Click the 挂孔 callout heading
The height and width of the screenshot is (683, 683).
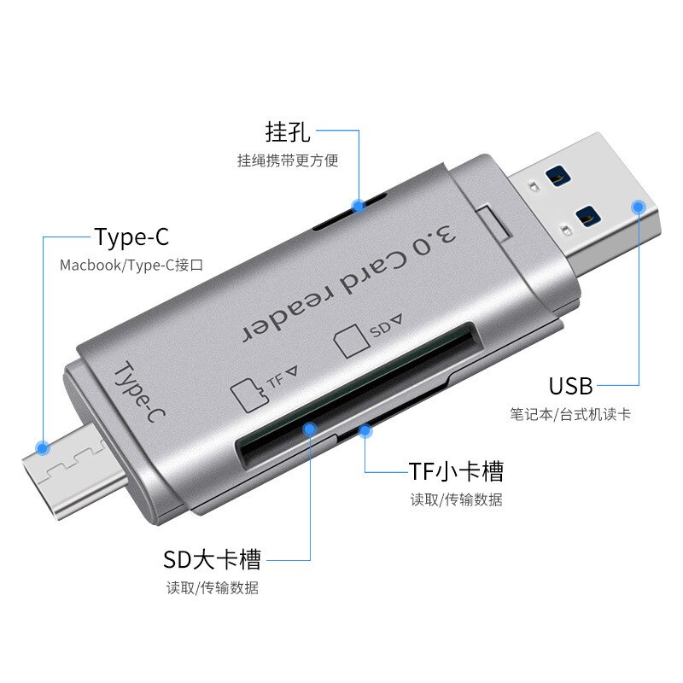(288, 132)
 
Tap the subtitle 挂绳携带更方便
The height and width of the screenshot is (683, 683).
(288, 161)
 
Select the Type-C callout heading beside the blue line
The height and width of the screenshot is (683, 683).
(131, 236)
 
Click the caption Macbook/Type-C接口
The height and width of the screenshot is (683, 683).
(131, 266)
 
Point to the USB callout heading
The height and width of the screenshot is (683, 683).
(570, 386)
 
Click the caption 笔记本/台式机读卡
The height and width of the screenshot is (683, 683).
(570, 415)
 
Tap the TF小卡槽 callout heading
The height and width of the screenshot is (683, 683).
(456, 470)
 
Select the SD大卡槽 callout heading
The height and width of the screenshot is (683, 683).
(213, 560)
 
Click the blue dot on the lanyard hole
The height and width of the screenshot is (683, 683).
(359, 205)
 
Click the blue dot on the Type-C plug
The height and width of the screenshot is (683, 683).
(43, 447)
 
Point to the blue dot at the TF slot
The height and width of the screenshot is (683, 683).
(365, 431)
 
